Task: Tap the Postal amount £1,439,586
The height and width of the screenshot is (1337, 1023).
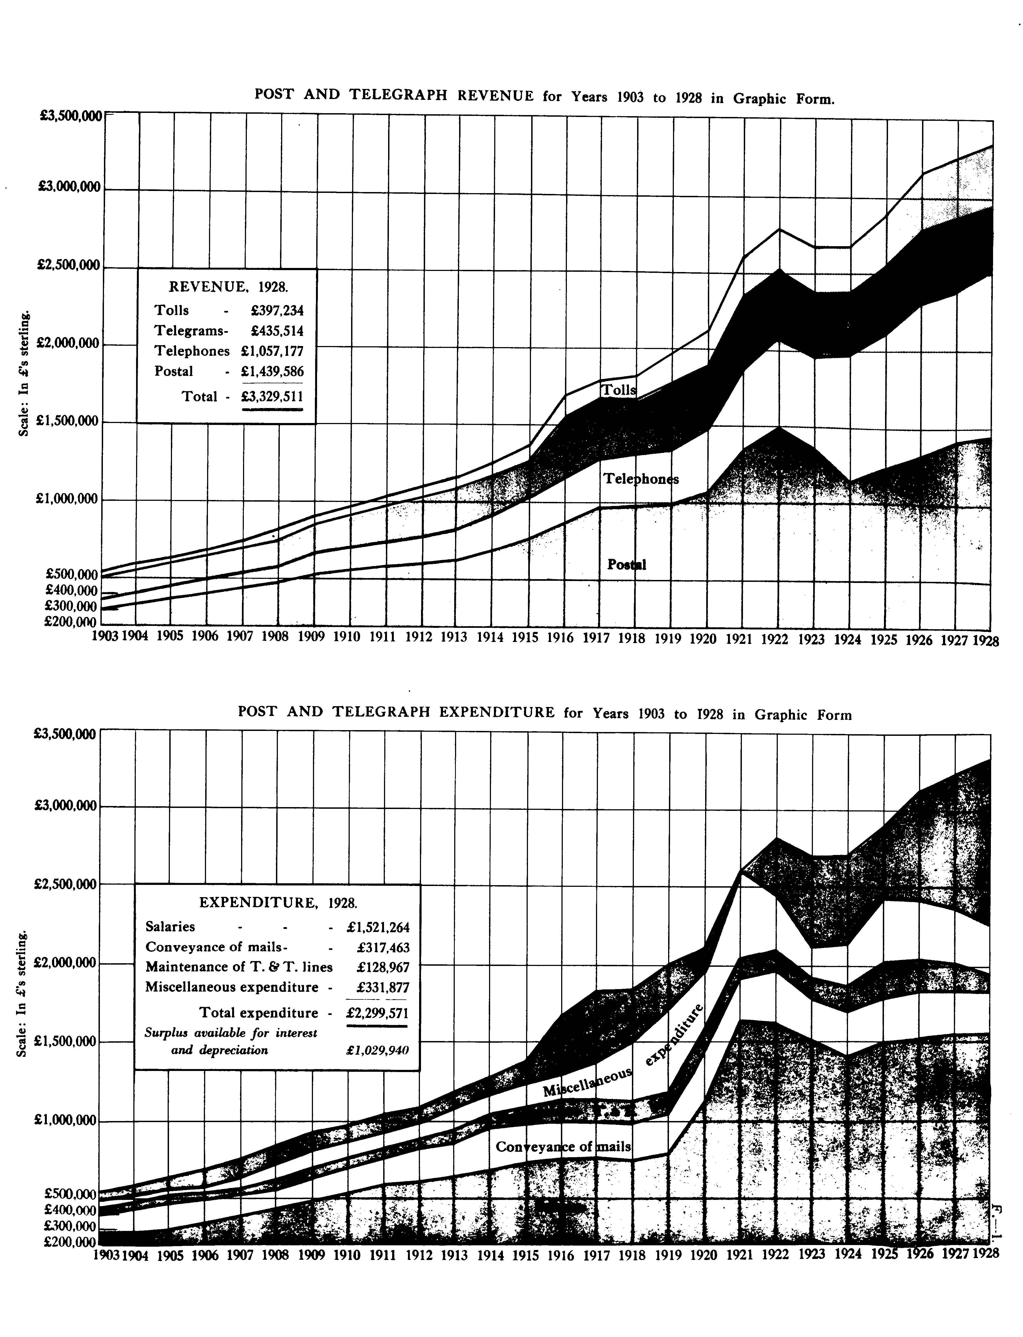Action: [x=272, y=371]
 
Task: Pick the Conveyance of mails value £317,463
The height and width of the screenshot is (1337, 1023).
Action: [x=383, y=947]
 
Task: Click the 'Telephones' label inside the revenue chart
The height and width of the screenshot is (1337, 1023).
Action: [x=641, y=479]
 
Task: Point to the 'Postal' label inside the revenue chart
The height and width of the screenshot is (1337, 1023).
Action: [x=626, y=565]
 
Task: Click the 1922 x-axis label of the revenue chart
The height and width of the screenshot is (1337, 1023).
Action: [x=776, y=640]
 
